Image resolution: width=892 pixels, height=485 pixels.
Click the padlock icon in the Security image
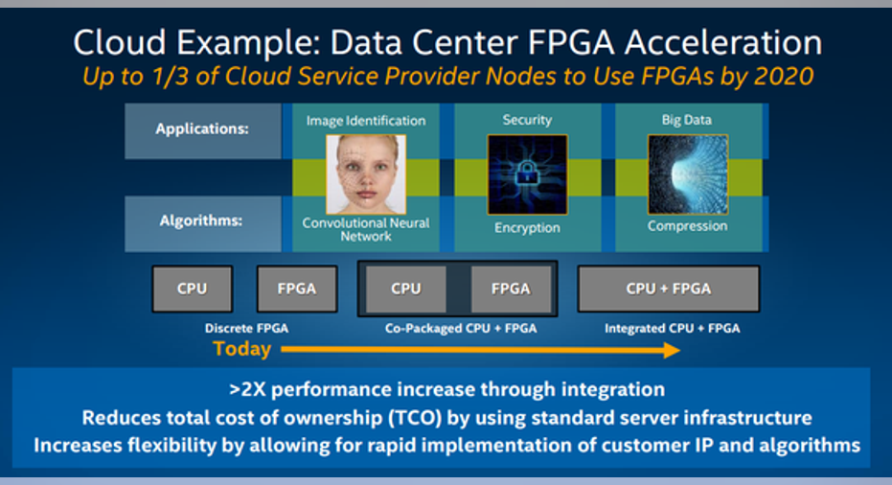(x=527, y=173)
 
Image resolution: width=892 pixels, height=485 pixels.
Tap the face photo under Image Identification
(x=366, y=174)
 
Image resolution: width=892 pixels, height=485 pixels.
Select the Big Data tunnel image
(x=688, y=174)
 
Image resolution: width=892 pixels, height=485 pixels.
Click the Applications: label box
(x=202, y=130)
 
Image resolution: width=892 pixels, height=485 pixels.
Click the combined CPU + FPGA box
(x=669, y=289)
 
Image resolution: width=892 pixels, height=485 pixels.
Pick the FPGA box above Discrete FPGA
(x=297, y=289)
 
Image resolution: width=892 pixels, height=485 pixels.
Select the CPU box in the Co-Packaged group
(x=406, y=289)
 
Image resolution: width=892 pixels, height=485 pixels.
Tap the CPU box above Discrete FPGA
(x=193, y=289)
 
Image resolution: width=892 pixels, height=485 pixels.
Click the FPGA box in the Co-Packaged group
(x=511, y=289)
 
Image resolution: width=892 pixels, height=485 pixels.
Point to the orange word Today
(x=241, y=348)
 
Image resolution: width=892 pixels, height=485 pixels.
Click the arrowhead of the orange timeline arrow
(x=672, y=350)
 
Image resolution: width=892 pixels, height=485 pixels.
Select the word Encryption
(x=527, y=228)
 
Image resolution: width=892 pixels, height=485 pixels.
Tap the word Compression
(x=687, y=226)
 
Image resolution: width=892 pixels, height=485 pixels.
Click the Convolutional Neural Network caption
(x=366, y=229)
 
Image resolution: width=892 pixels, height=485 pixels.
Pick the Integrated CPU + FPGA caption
(x=673, y=329)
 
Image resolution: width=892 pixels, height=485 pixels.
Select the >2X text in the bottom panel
(x=247, y=390)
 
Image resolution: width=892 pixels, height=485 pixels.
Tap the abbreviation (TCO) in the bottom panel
(x=415, y=419)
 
